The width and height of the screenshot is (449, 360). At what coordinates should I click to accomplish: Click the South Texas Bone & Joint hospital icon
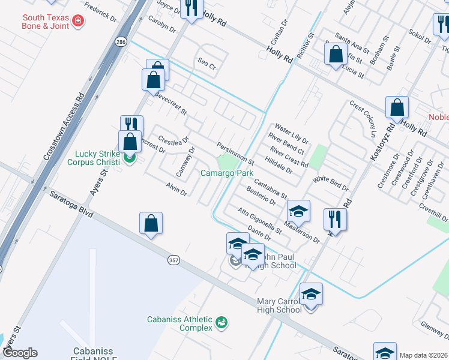(77, 22)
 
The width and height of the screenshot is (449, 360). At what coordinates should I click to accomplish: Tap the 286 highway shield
(121, 42)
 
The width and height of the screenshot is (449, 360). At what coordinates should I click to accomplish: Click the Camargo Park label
(227, 173)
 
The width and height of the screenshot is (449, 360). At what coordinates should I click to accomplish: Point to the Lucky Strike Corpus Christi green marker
(130, 160)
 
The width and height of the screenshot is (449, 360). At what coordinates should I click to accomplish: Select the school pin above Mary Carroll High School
(311, 295)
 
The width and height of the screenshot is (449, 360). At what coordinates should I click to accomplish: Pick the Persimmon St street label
(236, 153)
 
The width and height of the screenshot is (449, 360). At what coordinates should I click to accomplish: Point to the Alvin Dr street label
(176, 190)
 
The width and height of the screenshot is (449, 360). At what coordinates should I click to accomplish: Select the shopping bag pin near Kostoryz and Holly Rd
(397, 108)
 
